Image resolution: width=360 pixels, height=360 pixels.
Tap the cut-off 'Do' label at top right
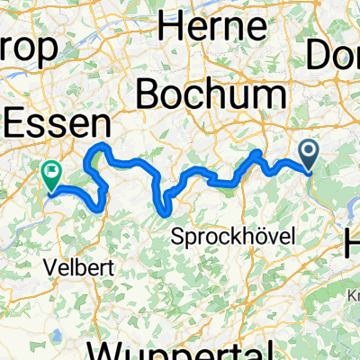click(x=333, y=56)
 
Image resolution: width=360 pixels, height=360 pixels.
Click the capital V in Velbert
click(x=49, y=267)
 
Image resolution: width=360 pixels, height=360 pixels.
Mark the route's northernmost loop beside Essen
click(x=102, y=146)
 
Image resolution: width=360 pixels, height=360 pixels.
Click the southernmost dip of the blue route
click(x=164, y=212)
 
